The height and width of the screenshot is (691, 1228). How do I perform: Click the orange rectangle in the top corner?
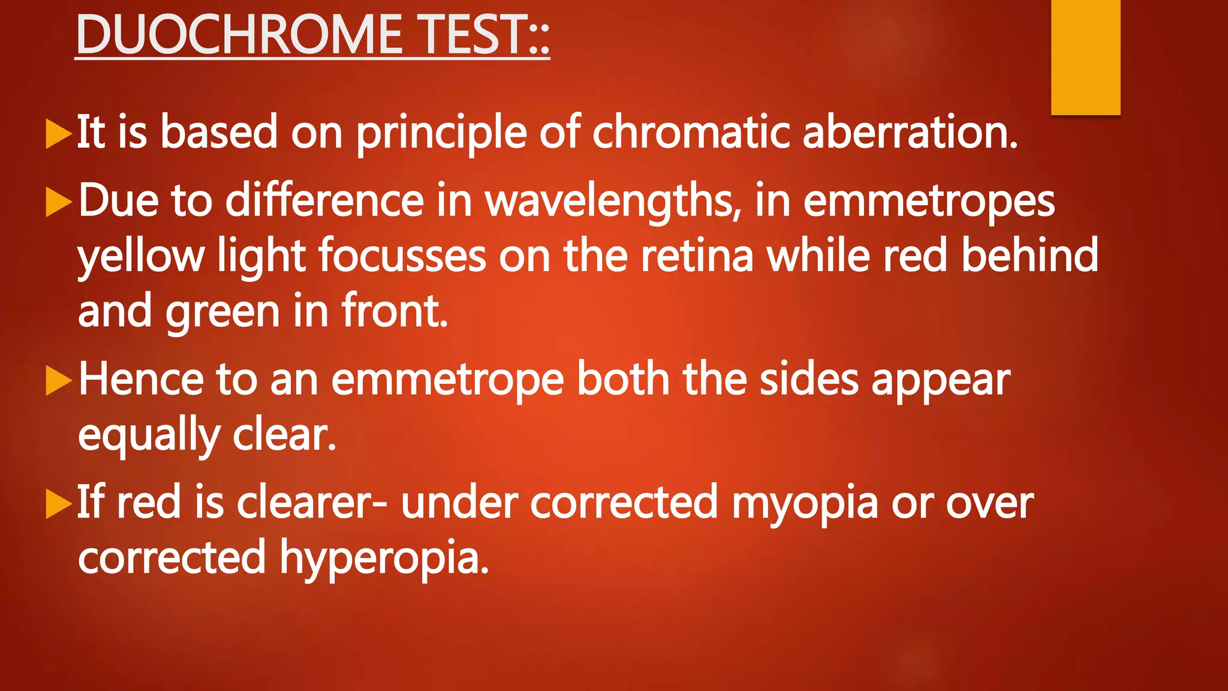(x=1085, y=57)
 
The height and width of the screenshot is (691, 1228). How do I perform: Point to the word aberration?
(x=909, y=132)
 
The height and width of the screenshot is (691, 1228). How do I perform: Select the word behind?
(x=1030, y=254)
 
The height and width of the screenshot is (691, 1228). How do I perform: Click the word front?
(x=395, y=311)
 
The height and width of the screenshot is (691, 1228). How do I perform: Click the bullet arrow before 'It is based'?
(x=59, y=133)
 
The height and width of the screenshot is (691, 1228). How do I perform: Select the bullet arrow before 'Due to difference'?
(x=59, y=202)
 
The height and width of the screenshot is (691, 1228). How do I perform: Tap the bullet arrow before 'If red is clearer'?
(x=59, y=504)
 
